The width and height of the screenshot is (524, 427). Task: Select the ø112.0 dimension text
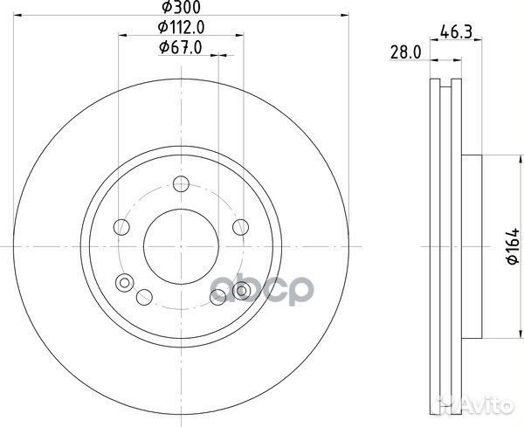coord(182,28)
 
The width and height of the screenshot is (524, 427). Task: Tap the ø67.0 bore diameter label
coord(181,48)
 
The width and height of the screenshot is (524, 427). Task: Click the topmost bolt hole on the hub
coord(182,183)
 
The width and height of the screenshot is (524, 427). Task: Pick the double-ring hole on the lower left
coord(124,282)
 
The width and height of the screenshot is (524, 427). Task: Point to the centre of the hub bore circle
coord(181,246)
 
